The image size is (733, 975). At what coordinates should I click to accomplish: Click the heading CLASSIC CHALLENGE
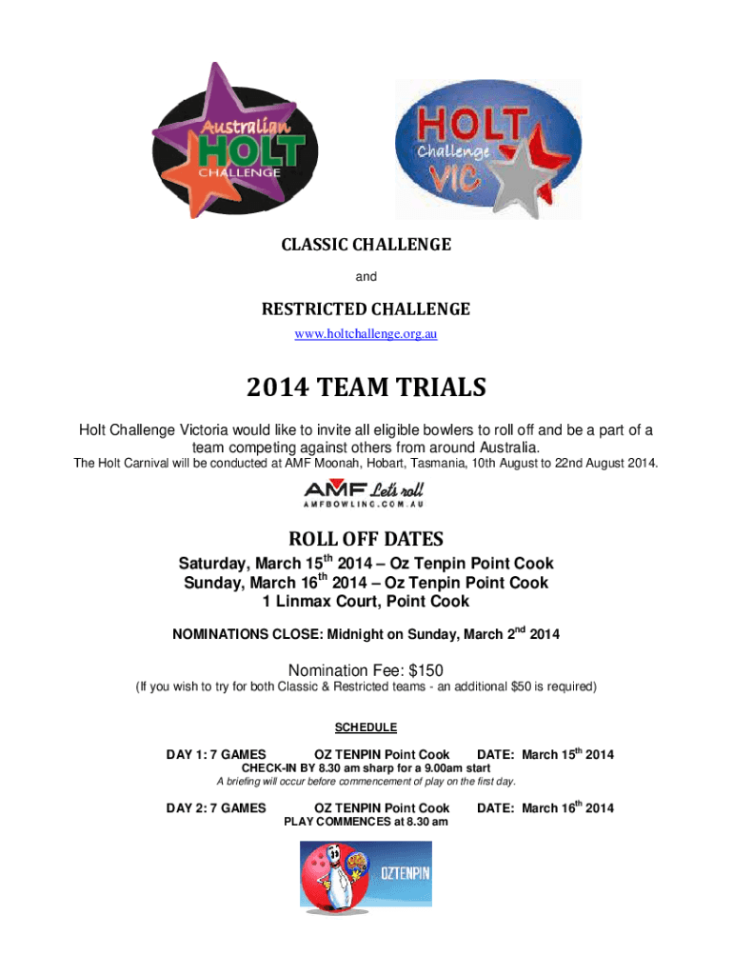(366, 245)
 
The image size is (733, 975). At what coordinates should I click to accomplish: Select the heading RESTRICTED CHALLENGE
(366, 309)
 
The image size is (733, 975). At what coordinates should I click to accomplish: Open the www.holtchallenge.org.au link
(366, 334)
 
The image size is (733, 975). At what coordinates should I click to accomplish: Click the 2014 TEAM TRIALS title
(366, 388)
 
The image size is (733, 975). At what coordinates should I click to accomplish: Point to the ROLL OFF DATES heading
(366, 538)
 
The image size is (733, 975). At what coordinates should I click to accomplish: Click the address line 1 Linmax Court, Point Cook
(366, 602)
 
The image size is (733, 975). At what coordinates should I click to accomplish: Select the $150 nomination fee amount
(426, 669)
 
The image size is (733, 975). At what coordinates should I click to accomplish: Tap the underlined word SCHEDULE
(366, 727)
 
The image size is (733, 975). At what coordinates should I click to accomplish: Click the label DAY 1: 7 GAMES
(216, 755)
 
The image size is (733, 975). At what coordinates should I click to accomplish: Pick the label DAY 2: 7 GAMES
(216, 808)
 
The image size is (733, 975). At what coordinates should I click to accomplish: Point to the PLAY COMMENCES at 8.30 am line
(366, 822)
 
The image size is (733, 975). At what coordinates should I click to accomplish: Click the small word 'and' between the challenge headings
(366, 277)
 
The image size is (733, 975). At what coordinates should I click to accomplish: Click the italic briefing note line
(366, 782)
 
